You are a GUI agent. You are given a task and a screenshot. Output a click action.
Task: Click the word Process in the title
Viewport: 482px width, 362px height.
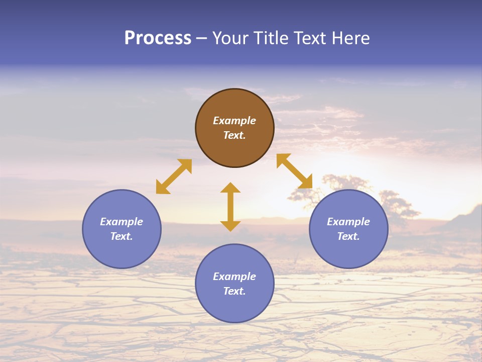tap(158, 38)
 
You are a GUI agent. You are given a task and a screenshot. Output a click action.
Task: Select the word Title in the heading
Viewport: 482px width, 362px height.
tap(274, 38)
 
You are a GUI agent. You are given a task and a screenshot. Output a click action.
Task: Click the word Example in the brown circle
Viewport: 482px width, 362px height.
tap(234, 121)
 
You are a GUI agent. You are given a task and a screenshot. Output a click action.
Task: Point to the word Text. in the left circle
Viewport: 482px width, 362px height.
tap(122, 236)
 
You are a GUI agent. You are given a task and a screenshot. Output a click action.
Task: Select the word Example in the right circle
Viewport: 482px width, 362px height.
tap(348, 222)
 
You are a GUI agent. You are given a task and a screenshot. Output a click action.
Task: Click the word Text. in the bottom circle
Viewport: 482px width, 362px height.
tap(234, 291)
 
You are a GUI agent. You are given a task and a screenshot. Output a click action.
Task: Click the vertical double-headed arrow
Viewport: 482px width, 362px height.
tap(230, 207)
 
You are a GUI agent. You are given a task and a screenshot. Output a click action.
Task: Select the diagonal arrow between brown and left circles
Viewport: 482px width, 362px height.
tap(174, 176)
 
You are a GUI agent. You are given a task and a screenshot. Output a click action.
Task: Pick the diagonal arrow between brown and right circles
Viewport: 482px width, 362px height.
tap(294, 171)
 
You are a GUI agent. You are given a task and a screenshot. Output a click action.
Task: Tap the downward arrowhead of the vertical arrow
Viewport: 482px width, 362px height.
tap(230, 226)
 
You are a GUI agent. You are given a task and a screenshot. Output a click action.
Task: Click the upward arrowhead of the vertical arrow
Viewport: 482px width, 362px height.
tap(230, 188)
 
